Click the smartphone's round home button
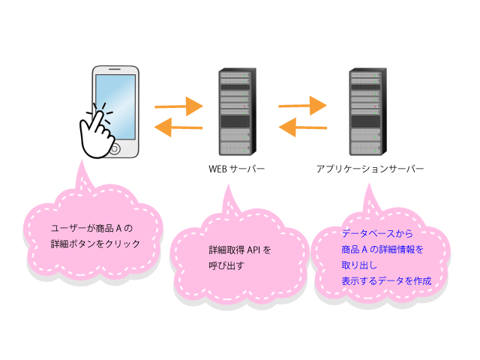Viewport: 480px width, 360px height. pyautogui.click(x=115, y=149)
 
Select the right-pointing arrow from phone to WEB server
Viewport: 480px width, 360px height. pyautogui.click(x=178, y=106)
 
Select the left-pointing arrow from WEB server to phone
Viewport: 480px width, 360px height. pyautogui.click(x=178, y=127)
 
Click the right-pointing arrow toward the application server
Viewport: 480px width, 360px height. pyautogui.click(x=302, y=106)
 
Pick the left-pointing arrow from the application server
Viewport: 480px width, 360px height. pyautogui.click(x=303, y=127)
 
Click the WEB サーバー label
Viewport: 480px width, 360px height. pyautogui.click(x=236, y=169)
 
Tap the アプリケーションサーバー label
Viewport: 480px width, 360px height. pyautogui.click(x=370, y=169)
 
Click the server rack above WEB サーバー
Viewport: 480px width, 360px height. pyautogui.click(x=237, y=112)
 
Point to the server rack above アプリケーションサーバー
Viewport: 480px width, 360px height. pyautogui.click(x=367, y=112)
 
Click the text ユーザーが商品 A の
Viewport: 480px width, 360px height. pyautogui.click(x=91, y=228)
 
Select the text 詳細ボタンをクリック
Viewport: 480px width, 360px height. pyautogui.click(x=95, y=244)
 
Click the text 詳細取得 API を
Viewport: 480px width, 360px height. pyautogui.click(x=240, y=250)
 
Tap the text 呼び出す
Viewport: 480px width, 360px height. pyautogui.click(x=226, y=265)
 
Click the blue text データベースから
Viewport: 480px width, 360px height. pyautogui.click(x=377, y=233)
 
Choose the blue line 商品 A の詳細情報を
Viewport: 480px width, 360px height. pyautogui.click(x=382, y=250)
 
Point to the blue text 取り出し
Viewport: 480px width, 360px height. pyautogui.click(x=359, y=265)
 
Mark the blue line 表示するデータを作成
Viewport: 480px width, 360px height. pyautogui.click(x=386, y=280)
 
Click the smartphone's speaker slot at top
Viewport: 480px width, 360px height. pyautogui.click(x=115, y=69)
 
